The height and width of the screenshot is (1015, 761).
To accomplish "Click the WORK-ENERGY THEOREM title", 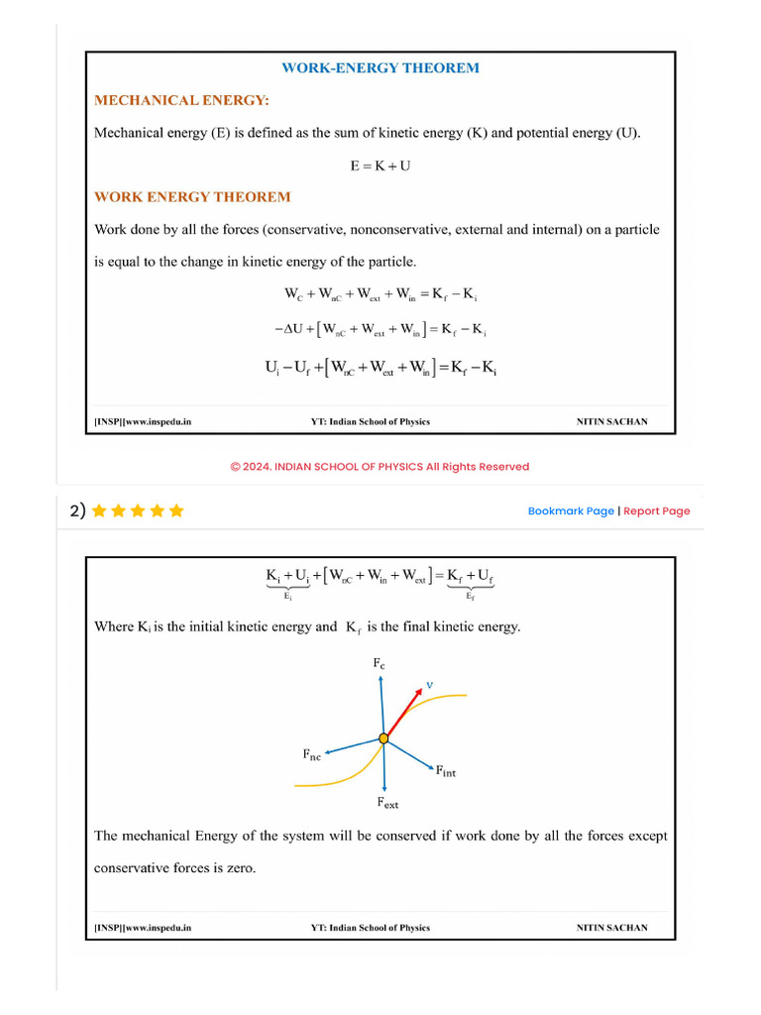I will pyautogui.click(x=380, y=68).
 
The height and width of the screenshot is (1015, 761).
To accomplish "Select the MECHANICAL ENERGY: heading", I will pyautogui.click(x=181, y=100).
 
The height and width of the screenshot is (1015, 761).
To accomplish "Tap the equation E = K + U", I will pyautogui.click(x=380, y=166).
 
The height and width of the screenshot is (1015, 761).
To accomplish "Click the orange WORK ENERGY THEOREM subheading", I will pyautogui.click(x=192, y=197).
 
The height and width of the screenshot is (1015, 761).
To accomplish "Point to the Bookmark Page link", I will pyautogui.click(x=571, y=511).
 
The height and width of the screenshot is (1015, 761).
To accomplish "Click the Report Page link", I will pyautogui.click(x=656, y=511).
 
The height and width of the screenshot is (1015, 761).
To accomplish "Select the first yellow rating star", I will pyautogui.click(x=98, y=510).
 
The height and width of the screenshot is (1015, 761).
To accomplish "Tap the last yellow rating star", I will pyautogui.click(x=176, y=510).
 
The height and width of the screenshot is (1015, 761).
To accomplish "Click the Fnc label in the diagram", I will pyautogui.click(x=311, y=755).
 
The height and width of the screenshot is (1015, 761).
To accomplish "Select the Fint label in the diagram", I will pyautogui.click(x=446, y=771).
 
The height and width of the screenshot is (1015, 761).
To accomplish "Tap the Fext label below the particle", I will pyautogui.click(x=386, y=803).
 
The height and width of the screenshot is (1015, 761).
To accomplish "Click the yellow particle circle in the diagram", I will pyautogui.click(x=382, y=738).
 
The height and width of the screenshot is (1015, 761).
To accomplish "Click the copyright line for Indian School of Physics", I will pyautogui.click(x=380, y=467).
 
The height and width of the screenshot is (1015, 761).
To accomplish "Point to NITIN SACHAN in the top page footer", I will pyautogui.click(x=611, y=422).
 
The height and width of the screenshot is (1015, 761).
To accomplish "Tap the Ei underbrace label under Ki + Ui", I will pyautogui.click(x=287, y=597).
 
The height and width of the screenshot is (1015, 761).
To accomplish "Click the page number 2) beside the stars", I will pyautogui.click(x=77, y=510).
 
